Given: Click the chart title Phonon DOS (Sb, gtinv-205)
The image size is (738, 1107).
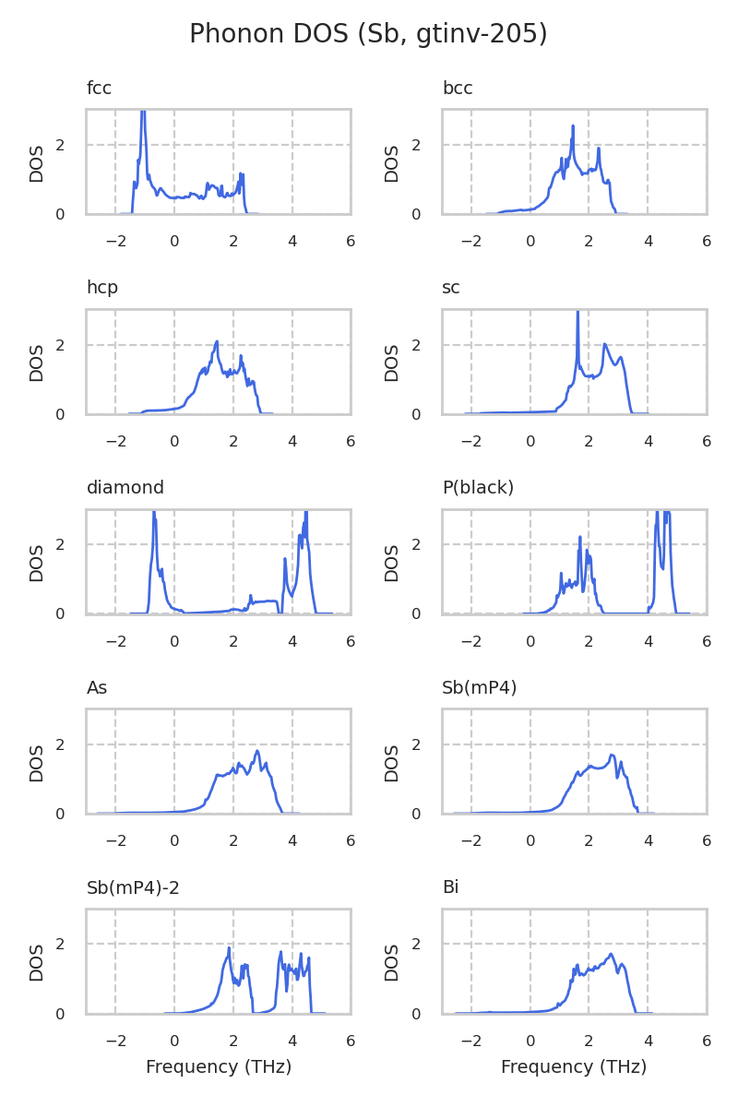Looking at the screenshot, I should (368, 34).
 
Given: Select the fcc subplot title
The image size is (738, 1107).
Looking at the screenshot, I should (99, 89).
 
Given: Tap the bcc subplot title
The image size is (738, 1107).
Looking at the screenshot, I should (458, 89).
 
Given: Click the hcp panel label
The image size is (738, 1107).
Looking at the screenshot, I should (102, 288).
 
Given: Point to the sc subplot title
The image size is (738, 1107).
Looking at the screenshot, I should (451, 288).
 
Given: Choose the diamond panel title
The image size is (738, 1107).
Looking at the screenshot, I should (125, 488).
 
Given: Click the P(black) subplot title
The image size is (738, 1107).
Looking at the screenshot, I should (478, 488).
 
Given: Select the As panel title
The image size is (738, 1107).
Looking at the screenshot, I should (97, 688).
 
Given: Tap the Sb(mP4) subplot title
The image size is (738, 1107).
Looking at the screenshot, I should (480, 688).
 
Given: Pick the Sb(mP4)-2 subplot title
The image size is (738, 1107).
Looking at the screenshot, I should (133, 888).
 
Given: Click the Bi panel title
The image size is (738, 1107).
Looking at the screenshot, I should (451, 888).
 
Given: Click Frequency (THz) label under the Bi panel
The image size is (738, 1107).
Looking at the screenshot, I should (574, 1067).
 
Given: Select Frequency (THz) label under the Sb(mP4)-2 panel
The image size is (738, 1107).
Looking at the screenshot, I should (219, 1067).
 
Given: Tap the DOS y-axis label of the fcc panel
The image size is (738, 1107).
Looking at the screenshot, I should (37, 162).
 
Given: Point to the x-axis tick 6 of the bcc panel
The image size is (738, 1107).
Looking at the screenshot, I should (707, 242).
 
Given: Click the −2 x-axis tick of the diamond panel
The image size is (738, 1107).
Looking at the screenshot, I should (115, 641).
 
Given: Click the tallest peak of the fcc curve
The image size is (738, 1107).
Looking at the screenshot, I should (143, 113).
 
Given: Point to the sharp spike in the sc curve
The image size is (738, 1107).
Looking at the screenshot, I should (577, 314).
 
